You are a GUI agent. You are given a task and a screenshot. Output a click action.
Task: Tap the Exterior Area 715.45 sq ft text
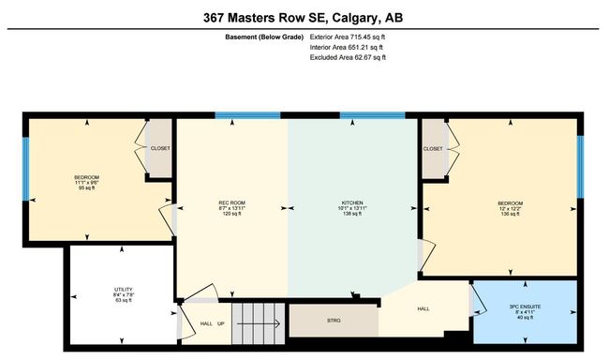tap(348, 37)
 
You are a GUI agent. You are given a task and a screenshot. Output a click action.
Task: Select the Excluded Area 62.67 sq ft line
tap(348, 57)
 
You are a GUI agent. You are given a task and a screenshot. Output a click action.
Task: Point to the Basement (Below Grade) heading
tap(264, 37)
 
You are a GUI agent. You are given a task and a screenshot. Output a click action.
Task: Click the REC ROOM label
tap(231, 202)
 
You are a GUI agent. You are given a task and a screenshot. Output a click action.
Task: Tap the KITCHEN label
tap(352, 202)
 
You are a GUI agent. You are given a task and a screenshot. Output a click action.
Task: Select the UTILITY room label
tap(124, 290)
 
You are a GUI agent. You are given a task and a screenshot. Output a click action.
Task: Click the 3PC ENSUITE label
tap(525, 307)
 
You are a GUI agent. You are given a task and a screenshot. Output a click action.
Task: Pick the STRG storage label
tap(334, 321)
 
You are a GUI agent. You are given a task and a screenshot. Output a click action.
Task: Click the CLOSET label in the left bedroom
tap(160, 148)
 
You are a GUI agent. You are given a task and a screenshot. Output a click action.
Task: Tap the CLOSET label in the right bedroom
tap(433, 149)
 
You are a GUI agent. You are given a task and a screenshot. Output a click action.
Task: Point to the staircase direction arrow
tap(259, 323)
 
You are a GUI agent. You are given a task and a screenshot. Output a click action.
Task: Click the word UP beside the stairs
tap(220, 323)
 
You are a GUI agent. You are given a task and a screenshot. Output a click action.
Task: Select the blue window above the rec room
tap(247, 115)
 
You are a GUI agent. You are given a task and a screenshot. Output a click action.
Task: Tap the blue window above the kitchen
tap(373, 115)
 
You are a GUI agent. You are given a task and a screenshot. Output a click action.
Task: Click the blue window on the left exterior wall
tap(25, 169)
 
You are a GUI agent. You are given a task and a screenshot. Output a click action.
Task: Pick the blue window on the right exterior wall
tap(580, 167)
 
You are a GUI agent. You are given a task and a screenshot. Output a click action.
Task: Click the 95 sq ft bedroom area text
tap(86, 187)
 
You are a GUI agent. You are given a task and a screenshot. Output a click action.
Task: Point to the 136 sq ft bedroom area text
tap(510, 214)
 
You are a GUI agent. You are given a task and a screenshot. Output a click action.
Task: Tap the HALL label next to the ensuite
tap(423, 309)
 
